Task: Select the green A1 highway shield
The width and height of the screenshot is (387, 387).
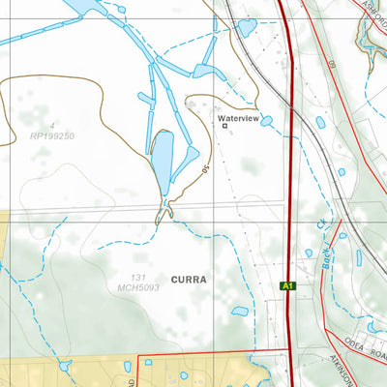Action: click(x=286, y=285)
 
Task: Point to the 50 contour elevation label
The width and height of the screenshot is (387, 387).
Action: click(x=206, y=170)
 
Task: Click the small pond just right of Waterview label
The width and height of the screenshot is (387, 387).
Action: click(x=266, y=121)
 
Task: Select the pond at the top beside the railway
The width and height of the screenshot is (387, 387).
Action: click(x=247, y=27)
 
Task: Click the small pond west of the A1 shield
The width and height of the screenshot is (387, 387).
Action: click(x=239, y=312)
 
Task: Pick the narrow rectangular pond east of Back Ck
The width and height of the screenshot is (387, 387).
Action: click(x=358, y=257)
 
